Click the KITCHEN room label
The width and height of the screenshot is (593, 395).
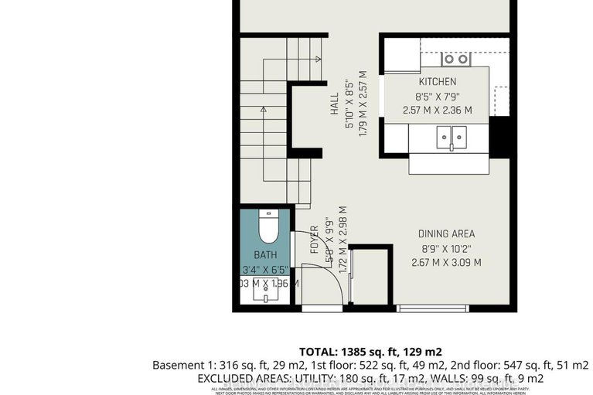[x=438, y=81]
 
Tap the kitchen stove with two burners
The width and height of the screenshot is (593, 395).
[x=455, y=59]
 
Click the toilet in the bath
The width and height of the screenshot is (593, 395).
[x=266, y=226]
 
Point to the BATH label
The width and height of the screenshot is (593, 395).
[x=264, y=255]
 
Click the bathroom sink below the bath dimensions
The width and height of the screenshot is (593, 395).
[x=264, y=296]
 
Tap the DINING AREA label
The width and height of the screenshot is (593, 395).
[x=446, y=233]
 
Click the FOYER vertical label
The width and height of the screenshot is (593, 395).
[x=315, y=240]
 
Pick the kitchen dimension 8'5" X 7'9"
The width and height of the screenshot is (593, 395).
[x=438, y=97]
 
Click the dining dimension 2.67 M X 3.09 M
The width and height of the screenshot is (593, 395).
[x=446, y=262]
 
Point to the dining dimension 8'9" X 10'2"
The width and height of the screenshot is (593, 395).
[x=446, y=248]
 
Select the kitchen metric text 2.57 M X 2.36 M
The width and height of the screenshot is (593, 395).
[x=438, y=111]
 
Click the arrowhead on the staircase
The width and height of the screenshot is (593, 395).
[x=264, y=111]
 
